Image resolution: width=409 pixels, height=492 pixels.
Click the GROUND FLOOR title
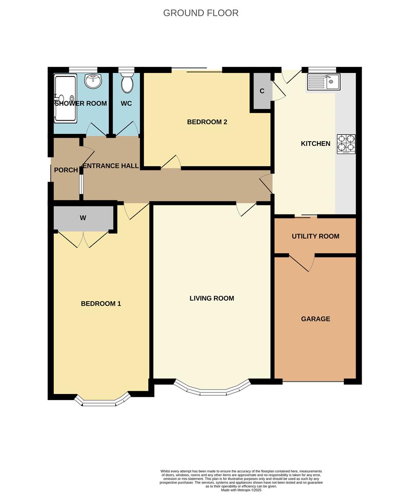pyautogui.click(x=200, y=13)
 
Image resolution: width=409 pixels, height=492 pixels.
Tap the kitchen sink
pyautogui.click(x=323, y=82)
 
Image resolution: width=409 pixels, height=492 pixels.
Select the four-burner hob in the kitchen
pyautogui.click(x=346, y=143)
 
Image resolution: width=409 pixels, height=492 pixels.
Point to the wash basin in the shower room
pyautogui.click(x=93, y=81)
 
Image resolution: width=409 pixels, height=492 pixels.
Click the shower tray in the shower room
pyautogui.click(x=66, y=98)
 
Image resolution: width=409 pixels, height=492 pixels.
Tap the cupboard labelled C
pyautogui.click(x=261, y=91)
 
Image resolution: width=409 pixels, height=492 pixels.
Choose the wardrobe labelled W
pyautogui.click(x=83, y=218)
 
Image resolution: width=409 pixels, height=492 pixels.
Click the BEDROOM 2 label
pyautogui.click(x=207, y=122)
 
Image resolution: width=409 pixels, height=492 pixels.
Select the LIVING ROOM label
pyautogui.click(x=212, y=298)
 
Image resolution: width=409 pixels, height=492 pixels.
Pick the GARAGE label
pyautogui.click(x=315, y=319)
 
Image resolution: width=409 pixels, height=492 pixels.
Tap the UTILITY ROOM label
pyautogui.click(x=315, y=236)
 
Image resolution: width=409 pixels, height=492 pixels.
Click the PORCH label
pyautogui.click(x=66, y=170)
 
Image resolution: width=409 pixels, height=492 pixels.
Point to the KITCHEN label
pyautogui.click(x=316, y=143)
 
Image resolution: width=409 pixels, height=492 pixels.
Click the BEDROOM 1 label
pyautogui.click(x=101, y=304)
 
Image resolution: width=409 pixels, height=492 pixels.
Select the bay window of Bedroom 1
pyautogui.click(x=102, y=401)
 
